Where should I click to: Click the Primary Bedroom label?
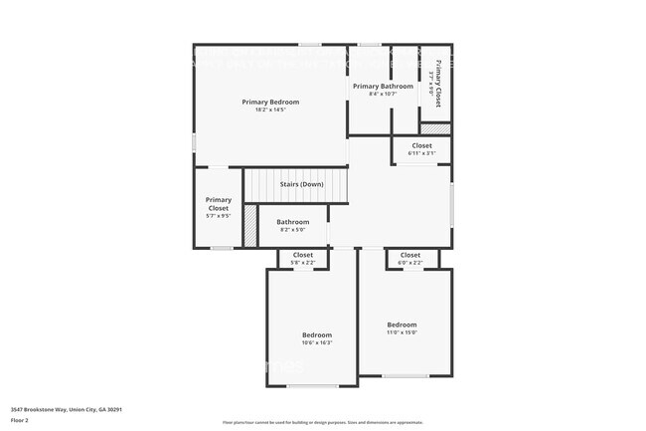(270, 102)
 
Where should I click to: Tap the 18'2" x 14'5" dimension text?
(270, 109)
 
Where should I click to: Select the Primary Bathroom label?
(383, 87)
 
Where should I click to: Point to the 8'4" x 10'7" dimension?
(383, 95)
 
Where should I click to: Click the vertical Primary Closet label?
(438, 88)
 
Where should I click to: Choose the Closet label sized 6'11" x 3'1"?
(421, 145)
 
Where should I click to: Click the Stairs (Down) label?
(300, 184)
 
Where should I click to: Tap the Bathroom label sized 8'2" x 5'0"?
(292, 221)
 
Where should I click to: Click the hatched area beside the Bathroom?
(250, 225)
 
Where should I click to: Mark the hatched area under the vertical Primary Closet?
(435, 128)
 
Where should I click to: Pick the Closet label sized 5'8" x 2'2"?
(302, 255)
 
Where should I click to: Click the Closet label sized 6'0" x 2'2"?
(409, 255)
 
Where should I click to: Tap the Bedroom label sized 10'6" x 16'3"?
(317, 334)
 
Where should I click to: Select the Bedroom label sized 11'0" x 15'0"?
(402, 324)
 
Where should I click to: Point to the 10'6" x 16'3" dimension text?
(317, 342)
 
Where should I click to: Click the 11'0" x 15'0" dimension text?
(402, 332)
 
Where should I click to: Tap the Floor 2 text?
(20, 419)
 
